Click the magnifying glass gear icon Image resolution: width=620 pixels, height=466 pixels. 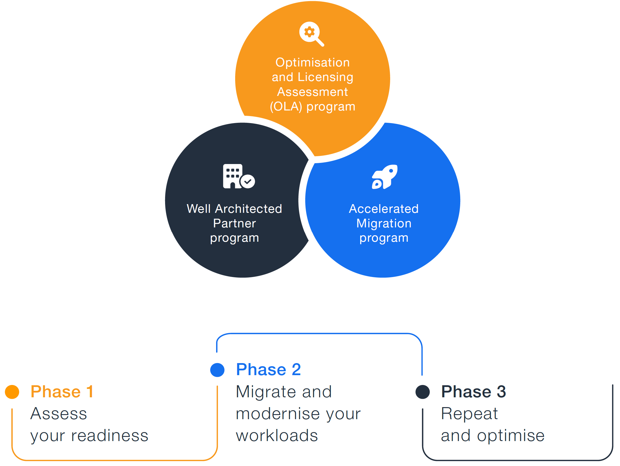(311, 33)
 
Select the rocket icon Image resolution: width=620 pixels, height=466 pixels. (385, 177)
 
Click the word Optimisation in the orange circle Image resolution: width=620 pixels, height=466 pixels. (313, 63)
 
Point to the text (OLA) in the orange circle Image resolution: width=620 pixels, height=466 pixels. (286, 107)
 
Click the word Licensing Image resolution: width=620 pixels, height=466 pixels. (325, 77)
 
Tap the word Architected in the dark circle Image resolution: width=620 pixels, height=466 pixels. (248, 209)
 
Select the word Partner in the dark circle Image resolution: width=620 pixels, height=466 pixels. (234, 223)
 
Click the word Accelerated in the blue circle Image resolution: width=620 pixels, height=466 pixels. (383, 209)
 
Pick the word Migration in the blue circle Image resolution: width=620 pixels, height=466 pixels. (384, 223)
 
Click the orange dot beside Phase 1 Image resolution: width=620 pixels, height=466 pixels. (12, 392)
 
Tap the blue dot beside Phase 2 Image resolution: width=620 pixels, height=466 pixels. (217, 370)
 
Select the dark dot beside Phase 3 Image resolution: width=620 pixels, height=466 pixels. (422, 392)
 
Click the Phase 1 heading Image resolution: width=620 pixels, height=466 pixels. (62, 392)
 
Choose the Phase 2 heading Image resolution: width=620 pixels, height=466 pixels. (268, 370)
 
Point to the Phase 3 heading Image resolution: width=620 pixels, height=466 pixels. (473, 392)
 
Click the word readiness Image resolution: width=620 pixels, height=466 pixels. (110, 436)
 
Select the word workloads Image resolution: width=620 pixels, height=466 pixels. (277, 436)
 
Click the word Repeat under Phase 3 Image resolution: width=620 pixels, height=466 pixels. (469, 414)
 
